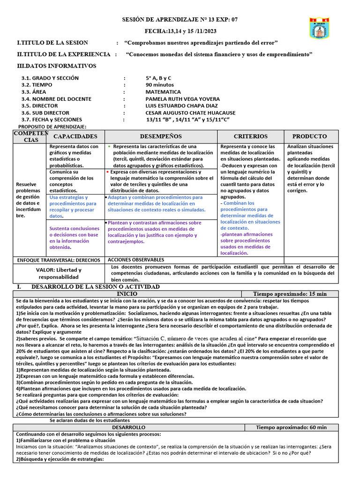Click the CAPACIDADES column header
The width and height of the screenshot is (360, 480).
(75, 136)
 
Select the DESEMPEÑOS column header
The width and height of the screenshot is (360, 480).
(161, 136)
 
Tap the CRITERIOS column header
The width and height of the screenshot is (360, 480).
(251, 136)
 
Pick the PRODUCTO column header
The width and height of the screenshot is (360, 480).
(309, 136)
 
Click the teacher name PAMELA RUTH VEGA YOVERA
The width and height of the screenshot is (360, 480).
(183, 99)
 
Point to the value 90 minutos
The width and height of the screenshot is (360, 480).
(160, 85)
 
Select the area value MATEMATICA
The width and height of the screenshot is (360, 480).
(163, 92)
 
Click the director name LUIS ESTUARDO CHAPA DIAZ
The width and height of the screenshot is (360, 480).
(182, 106)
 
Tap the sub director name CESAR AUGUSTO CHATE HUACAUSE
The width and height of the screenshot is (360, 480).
(191, 113)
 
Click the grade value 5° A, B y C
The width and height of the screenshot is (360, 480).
(158, 78)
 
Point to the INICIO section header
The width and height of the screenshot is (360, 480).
(127, 294)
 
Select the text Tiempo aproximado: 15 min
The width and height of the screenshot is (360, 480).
(290, 294)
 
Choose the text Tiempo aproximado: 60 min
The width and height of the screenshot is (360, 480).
(292, 427)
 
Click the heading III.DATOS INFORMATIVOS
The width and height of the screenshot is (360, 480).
(57, 66)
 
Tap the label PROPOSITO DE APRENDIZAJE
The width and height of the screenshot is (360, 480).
(52, 127)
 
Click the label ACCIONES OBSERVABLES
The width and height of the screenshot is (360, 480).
(136, 260)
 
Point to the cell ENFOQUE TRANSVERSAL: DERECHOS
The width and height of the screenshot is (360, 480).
(59, 260)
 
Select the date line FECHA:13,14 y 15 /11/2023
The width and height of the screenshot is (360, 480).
(180, 31)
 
